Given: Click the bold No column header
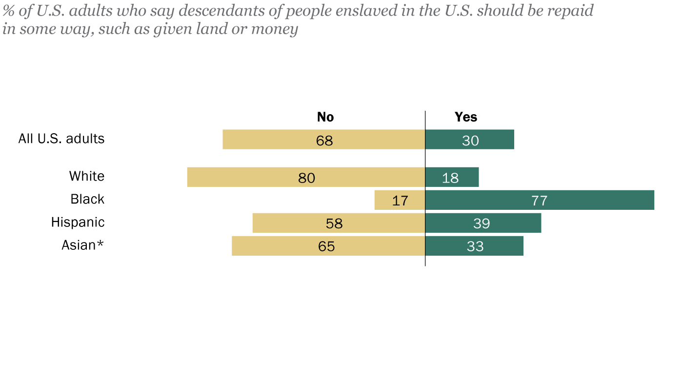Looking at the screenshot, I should pos(325,117).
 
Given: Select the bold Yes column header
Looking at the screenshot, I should pos(466,117).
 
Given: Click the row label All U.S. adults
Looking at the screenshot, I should pos(61,139).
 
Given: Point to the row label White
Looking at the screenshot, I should pos(87,176).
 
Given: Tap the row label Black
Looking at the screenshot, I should pos(87,199).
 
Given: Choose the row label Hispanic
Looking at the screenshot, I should pos(78,223).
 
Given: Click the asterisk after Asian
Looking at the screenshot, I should pos(100,243).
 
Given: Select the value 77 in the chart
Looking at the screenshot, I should pos(540,201).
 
